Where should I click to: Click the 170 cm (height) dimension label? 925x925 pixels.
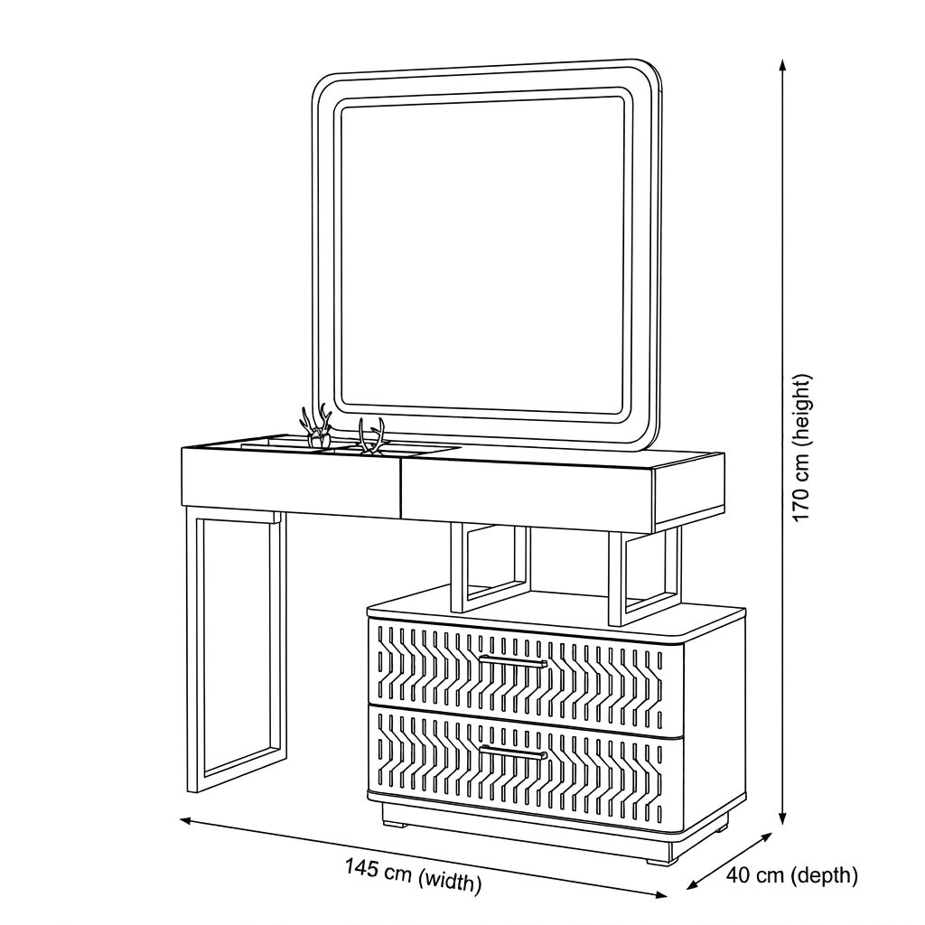click(803, 448)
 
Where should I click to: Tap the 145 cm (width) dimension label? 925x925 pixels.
click(413, 874)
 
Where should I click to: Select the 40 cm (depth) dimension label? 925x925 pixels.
click(791, 874)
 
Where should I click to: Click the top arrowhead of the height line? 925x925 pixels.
click(782, 65)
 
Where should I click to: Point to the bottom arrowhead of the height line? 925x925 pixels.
click(782, 818)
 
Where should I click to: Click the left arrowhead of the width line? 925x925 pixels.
click(188, 820)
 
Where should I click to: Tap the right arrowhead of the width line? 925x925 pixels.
click(659, 893)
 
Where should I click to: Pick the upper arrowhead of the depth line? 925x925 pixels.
click(766, 837)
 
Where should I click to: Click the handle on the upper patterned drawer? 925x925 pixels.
click(513, 660)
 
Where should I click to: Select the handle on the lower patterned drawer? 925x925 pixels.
click(513, 752)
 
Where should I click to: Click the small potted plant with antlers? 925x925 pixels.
click(316, 427)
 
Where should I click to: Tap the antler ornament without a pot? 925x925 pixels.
click(371, 437)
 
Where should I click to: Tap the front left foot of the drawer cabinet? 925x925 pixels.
click(394, 822)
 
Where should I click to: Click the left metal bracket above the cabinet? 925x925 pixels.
click(490, 567)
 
